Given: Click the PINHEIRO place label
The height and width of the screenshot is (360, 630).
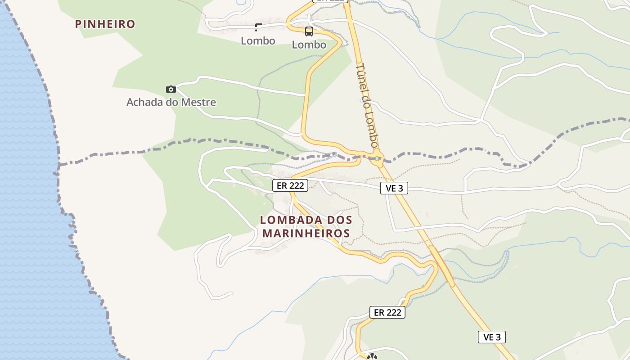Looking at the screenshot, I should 105,24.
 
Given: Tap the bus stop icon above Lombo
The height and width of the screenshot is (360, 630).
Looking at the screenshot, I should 309,31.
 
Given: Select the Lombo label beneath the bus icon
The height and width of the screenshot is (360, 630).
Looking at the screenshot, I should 309,45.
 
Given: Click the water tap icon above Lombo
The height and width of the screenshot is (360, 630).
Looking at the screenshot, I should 258,27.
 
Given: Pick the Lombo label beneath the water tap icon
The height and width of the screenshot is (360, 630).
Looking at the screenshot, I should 258,41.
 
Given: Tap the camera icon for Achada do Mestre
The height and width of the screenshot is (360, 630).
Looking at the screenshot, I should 171,89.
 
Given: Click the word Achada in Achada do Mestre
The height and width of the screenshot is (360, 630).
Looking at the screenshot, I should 144,102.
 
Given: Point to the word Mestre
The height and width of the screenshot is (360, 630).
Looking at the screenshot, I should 198,102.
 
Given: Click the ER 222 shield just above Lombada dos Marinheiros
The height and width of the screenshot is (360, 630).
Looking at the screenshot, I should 290,185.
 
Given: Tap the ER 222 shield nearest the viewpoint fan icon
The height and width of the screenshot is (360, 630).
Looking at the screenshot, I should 387,312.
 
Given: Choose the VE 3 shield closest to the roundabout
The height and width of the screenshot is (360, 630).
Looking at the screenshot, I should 394,188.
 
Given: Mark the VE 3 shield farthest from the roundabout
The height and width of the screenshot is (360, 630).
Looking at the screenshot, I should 492,337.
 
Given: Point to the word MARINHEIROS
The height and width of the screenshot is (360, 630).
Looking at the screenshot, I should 306,234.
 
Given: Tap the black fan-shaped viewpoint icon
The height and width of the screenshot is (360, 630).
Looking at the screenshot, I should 372,357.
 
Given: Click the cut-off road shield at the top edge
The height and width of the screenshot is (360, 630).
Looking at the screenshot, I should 331,1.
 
